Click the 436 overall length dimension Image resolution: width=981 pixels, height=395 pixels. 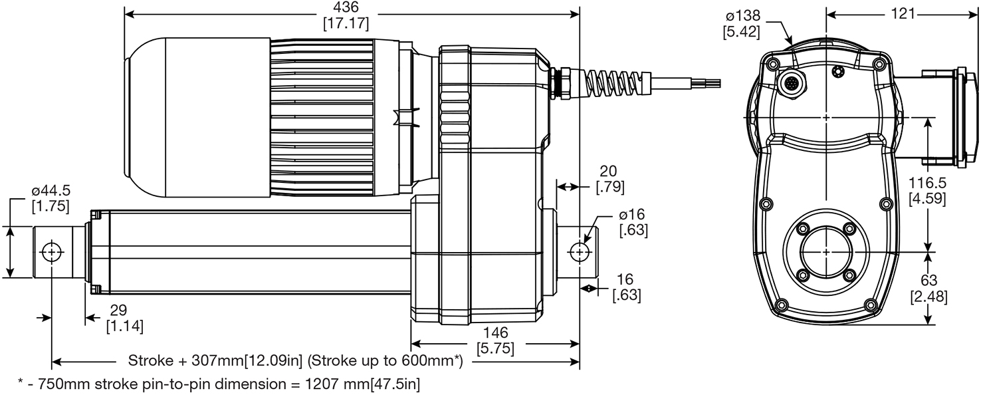[346, 7]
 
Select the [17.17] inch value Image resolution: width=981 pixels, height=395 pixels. [346, 23]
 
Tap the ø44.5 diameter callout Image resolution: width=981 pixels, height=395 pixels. [51, 192]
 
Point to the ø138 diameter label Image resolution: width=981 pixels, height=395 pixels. [742, 17]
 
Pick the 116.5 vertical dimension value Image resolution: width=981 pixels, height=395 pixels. [928, 183]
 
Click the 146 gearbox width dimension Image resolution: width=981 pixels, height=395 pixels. [496, 332]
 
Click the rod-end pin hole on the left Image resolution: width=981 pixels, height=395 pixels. [52, 253]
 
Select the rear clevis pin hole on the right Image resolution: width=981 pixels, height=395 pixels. [580, 253]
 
